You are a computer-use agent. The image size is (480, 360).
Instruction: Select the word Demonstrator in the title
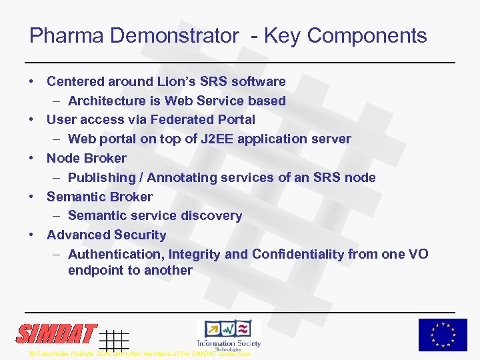click(174, 35)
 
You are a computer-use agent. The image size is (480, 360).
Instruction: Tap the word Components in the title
click(367, 35)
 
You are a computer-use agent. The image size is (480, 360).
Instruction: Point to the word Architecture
click(109, 101)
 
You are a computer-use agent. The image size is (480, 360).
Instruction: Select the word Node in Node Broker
click(63, 158)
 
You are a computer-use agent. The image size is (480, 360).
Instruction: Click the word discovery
click(210, 215)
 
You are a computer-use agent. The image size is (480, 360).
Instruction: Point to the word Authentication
click(115, 254)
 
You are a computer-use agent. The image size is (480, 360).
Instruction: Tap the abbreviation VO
click(418, 254)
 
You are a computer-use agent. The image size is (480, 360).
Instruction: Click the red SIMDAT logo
click(57, 333)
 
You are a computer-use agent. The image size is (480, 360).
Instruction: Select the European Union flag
click(443, 335)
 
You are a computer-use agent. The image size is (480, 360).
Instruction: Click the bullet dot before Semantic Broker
click(31, 197)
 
